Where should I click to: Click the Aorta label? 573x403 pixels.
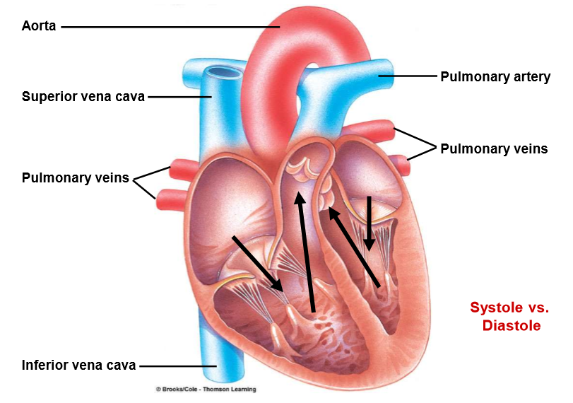point(38,27)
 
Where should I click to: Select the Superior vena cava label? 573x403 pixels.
point(83,97)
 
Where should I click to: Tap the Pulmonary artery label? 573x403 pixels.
point(495,76)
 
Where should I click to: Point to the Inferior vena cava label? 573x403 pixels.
point(78,366)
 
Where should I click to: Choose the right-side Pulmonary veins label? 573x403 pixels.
point(494,148)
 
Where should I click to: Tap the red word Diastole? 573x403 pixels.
point(511,325)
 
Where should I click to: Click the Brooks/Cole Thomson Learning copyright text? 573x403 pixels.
point(206,390)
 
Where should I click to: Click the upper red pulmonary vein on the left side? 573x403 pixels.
point(179,170)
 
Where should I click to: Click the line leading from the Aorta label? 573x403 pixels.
point(170,27)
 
